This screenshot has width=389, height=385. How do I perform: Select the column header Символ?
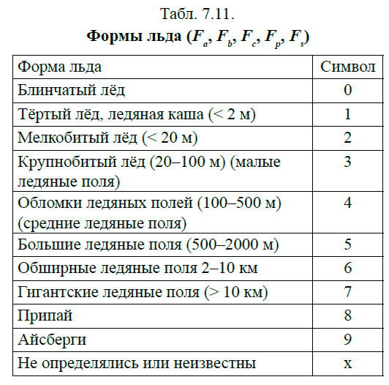click(347, 67)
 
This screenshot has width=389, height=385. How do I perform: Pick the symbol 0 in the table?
click(348, 90)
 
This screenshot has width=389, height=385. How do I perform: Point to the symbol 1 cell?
click(348, 114)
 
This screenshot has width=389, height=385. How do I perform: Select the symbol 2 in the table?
click(348, 138)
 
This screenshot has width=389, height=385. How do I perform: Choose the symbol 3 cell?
click(348, 162)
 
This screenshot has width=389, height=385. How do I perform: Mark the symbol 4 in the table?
click(348, 202)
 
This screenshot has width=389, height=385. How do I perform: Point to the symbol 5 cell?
click(348, 244)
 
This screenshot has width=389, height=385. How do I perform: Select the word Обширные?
click(51, 268)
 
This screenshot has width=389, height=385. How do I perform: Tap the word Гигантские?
click(55, 292)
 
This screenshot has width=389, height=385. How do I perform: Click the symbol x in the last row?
click(348, 364)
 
